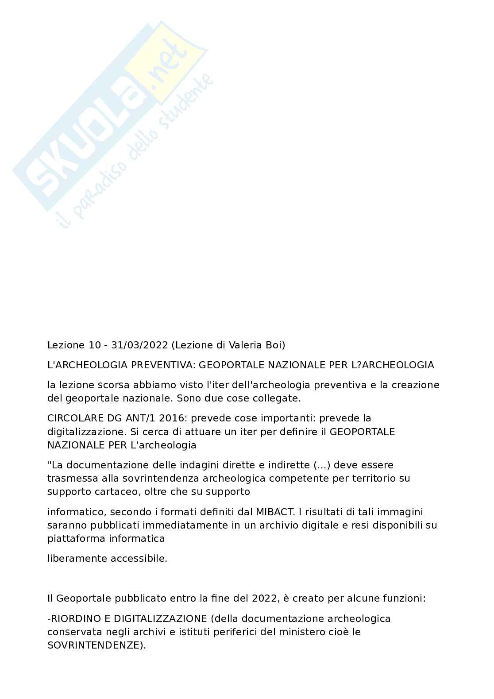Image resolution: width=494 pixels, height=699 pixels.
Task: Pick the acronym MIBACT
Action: click(x=275, y=512)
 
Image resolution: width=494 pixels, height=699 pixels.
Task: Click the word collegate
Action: click(x=279, y=398)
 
